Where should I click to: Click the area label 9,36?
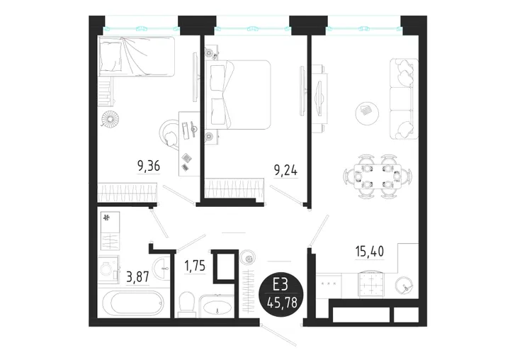(149, 167)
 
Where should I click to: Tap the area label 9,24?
(286, 170)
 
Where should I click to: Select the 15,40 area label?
(370, 252)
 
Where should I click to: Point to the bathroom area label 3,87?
(137, 277)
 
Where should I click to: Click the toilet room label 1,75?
(195, 266)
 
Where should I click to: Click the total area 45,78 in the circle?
(281, 303)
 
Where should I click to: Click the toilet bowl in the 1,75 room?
(187, 303)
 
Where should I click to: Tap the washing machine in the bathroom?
(108, 269)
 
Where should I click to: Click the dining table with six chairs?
(378, 176)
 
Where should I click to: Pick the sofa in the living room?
(404, 99)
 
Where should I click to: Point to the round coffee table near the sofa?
(367, 113)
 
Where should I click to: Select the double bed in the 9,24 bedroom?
(239, 94)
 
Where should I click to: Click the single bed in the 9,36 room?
(137, 57)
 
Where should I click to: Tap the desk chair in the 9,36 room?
(169, 135)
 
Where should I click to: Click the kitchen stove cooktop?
(371, 284)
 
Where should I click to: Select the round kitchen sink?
(404, 286)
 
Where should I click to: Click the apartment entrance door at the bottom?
(280, 334)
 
